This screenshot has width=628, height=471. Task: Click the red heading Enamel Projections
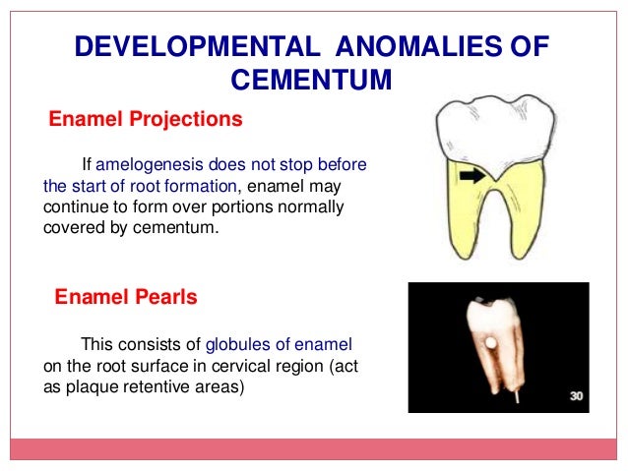(x=146, y=120)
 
